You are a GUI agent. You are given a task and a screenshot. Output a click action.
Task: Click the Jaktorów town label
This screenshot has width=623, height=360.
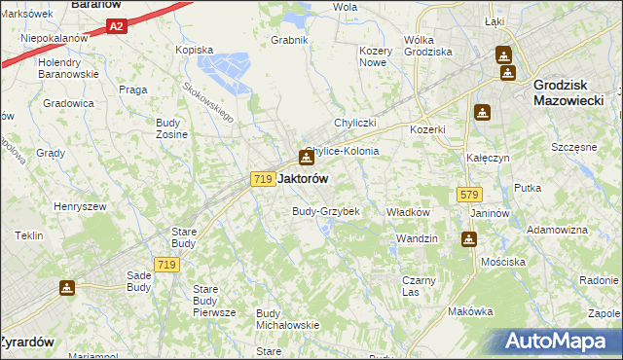303,179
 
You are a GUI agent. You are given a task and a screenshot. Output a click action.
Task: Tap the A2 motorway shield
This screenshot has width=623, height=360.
116,27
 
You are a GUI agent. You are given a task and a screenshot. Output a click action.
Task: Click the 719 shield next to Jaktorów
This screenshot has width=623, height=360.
261,179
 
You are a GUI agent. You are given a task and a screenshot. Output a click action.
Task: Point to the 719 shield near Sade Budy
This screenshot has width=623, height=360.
166,265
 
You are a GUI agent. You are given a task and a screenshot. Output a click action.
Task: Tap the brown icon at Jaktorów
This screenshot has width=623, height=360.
306,157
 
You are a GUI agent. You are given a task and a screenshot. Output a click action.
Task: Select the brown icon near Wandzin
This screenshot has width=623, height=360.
470,238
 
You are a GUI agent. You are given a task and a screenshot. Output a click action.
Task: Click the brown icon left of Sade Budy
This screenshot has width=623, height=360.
67,288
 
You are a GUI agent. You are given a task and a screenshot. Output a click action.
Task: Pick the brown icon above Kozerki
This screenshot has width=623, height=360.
481,112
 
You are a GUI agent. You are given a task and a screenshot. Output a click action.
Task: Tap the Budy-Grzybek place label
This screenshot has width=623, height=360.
326,211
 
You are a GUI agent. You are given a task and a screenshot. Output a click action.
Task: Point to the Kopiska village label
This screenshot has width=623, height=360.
194,49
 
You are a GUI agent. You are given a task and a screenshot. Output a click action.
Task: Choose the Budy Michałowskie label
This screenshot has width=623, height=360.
287,319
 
